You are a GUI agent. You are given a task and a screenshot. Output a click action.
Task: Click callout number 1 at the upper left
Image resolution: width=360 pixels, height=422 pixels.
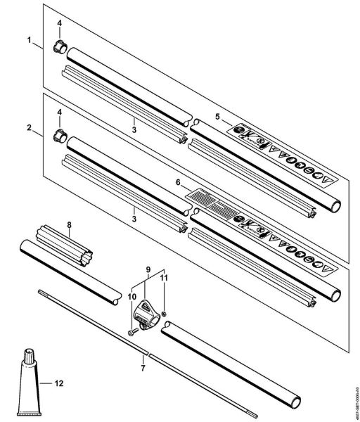tap(30, 41)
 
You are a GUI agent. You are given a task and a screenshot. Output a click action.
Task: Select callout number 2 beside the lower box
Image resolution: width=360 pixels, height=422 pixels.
tap(30, 128)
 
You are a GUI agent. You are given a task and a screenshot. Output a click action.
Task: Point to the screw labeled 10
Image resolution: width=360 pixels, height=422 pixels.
tap(134, 326)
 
